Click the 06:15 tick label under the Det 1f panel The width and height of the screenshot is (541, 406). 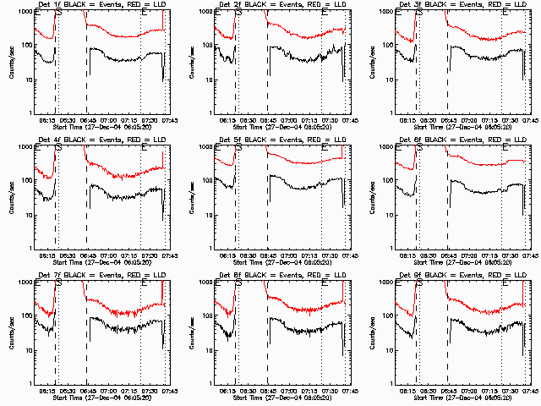coord(50,121)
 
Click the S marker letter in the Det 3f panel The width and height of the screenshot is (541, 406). coord(420,12)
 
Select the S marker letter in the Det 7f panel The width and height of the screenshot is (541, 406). coord(58,283)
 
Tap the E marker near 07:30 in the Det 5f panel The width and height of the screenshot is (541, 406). coord(325,147)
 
